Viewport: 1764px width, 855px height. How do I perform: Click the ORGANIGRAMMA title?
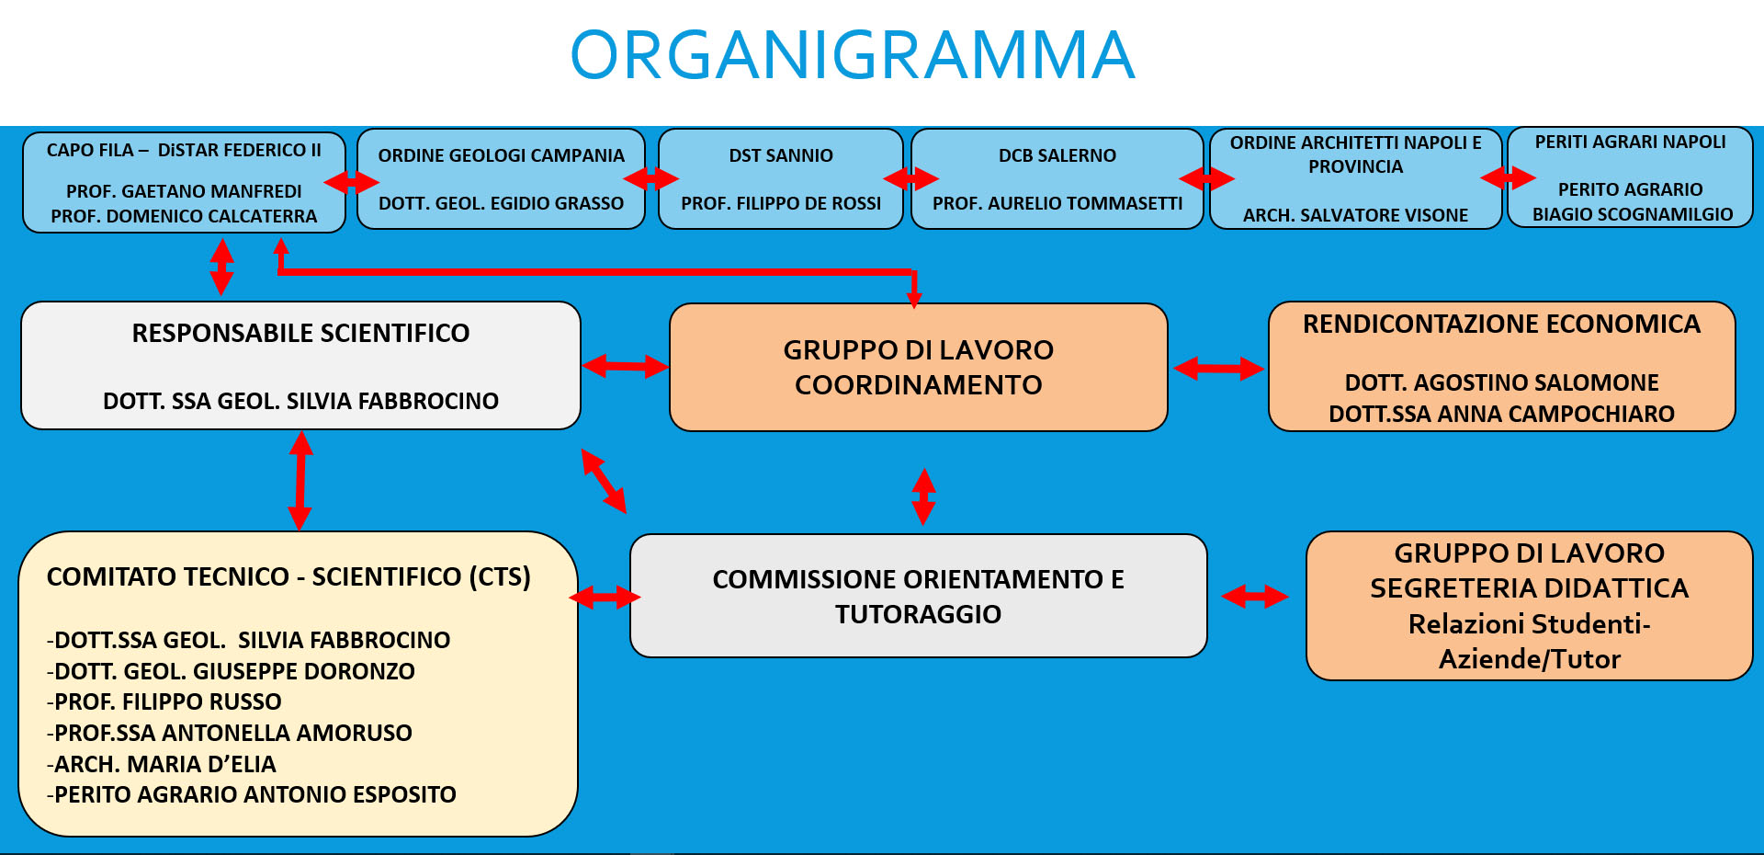(x=853, y=55)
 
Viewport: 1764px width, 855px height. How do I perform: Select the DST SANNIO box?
(x=781, y=178)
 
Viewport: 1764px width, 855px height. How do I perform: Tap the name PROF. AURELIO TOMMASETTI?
(x=1057, y=203)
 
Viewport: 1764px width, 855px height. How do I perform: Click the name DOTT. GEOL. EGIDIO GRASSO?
(x=501, y=203)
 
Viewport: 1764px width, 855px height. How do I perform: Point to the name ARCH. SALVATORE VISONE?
(x=1355, y=215)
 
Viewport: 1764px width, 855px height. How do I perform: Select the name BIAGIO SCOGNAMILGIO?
(x=1633, y=214)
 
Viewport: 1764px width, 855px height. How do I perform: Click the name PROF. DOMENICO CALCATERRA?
(x=184, y=216)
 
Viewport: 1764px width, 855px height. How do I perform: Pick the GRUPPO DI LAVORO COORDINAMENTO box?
(x=919, y=367)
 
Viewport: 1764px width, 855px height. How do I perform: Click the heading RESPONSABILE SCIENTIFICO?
(x=300, y=333)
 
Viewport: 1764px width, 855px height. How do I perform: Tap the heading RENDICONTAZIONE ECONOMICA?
(x=1501, y=324)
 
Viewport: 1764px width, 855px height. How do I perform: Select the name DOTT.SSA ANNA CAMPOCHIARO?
(x=1501, y=414)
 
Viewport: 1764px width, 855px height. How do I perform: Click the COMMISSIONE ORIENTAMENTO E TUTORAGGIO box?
(x=919, y=596)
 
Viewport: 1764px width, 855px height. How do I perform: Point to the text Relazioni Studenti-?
(x=1530, y=624)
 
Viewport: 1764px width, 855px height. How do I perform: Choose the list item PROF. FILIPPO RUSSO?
(x=164, y=701)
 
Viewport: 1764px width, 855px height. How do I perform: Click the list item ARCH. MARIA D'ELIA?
(x=161, y=764)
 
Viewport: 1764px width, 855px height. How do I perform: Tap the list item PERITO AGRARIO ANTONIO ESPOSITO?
(x=251, y=794)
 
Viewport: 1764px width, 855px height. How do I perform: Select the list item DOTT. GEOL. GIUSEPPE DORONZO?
(x=231, y=671)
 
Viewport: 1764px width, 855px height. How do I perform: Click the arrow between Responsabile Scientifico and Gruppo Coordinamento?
(x=625, y=367)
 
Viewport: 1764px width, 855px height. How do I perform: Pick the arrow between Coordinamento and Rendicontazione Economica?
(x=1218, y=369)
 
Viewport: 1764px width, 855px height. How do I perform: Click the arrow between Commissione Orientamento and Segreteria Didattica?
(x=1255, y=597)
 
